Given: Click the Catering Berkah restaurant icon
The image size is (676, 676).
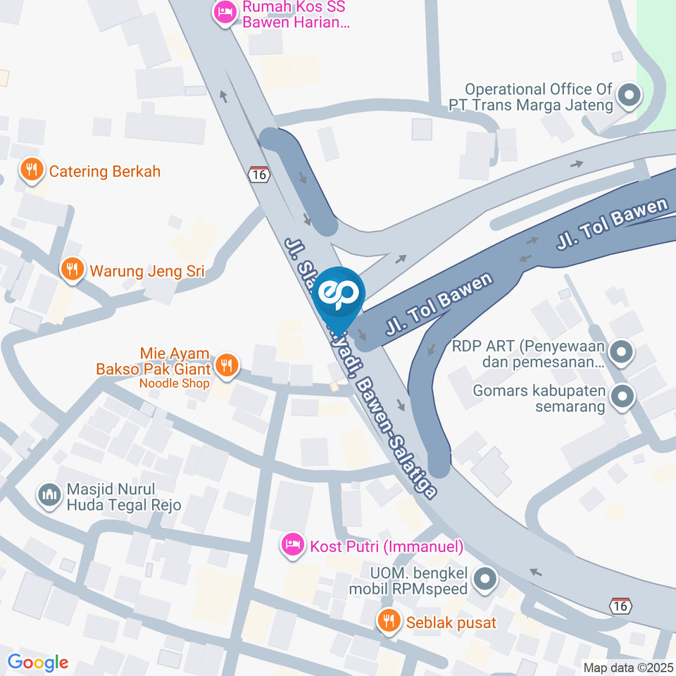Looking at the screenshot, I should coord(31,170).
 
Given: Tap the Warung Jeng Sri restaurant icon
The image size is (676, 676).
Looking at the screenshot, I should coord(71,269).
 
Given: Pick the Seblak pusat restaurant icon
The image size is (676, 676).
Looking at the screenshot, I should coord(388,621).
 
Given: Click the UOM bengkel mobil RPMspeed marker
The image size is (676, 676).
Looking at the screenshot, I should coord(484,580).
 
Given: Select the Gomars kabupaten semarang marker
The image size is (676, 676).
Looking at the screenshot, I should coord(622,397).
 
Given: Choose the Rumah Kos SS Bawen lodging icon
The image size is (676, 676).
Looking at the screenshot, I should coord(225,12).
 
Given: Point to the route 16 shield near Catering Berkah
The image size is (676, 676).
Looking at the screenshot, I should coord(259,174).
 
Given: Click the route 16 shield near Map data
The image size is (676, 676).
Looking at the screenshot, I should coord(621,605).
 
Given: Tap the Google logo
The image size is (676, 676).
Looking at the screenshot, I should coord(38,662).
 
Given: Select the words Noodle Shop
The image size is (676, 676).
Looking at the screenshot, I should coord(174,384).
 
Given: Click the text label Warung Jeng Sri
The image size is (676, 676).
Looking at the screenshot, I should coord(146,270).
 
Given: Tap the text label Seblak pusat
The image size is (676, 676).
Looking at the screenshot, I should coord(451,622).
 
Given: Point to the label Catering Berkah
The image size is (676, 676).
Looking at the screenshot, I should coord(105,171).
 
